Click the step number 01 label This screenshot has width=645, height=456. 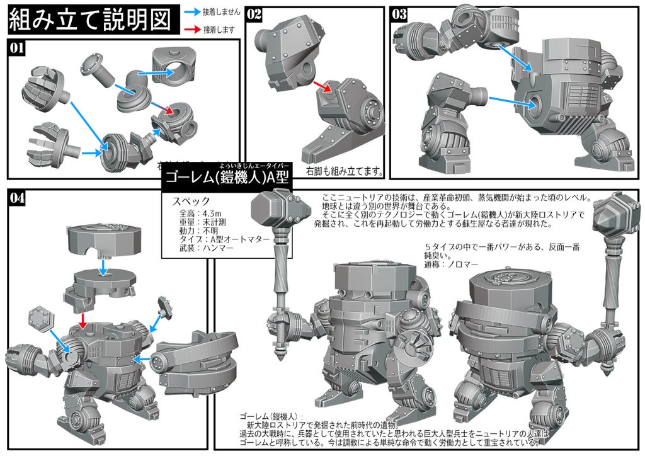[x=18, y=47]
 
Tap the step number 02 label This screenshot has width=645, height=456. [x=254, y=14]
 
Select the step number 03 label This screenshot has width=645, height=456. [x=399, y=14]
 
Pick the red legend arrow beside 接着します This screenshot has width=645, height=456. [x=193, y=29]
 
